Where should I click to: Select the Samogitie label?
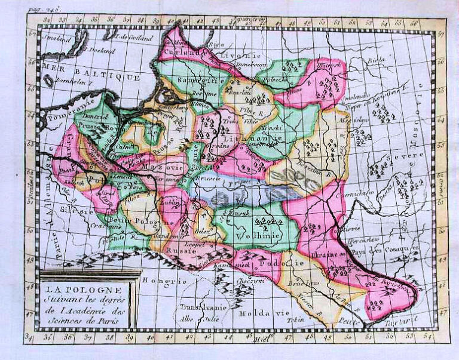197,82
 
